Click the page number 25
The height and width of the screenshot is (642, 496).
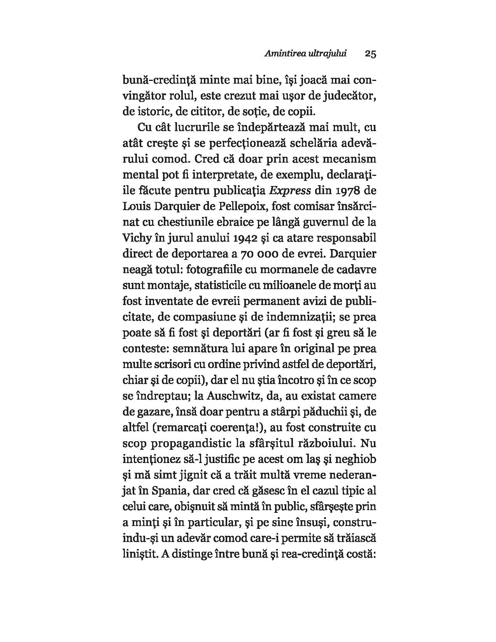click(370, 54)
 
